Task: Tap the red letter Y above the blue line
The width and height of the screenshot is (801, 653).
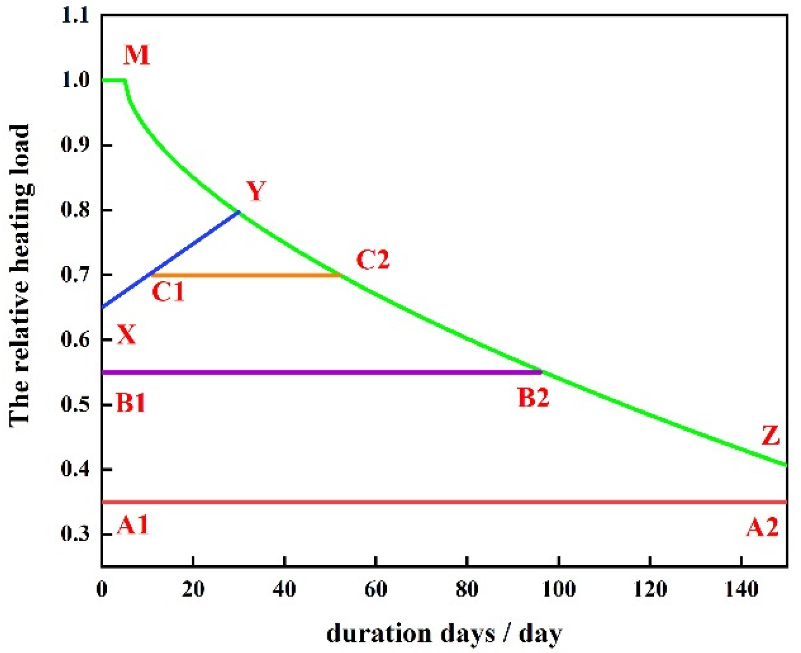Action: tap(256, 191)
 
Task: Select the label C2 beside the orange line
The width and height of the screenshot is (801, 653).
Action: tap(373, 259)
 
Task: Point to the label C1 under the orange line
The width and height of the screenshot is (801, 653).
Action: tap(168, 292)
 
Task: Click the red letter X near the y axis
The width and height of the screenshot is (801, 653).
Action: tap(126, 334)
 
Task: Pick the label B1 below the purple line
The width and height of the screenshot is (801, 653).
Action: tap(130, 402)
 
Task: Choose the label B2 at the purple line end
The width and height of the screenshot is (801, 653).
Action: tap(534, 398)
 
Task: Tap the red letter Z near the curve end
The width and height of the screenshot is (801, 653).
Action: tap(771, 436)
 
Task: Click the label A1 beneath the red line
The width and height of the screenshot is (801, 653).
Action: tap(133, 525)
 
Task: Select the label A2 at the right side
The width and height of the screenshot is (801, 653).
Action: tap(762, 528)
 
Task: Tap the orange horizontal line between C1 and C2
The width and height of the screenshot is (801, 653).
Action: tap(246, 275)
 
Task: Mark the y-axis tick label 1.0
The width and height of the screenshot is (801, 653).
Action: tap(75, 80)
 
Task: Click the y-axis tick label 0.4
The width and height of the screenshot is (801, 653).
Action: tap(75, 469)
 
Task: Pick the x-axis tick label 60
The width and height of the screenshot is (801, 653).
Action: tap(376, 589)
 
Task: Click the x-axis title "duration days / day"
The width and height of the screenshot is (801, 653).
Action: tap(444, 634)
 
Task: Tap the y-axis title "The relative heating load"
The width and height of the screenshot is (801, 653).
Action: tap(20, 275)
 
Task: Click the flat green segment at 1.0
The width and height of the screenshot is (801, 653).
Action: tap(113, 80)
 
